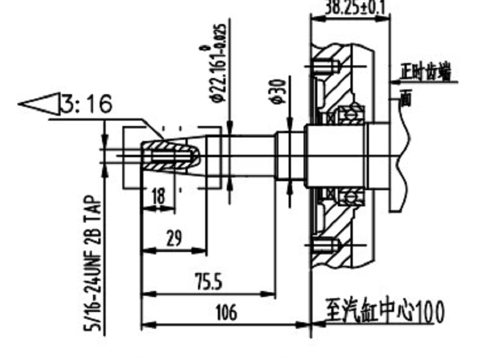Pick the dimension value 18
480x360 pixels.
coord(158,196)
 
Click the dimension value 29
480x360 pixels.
coord(173,238)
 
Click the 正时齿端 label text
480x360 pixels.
coord(427,73)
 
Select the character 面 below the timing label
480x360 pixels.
coord(406,98)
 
